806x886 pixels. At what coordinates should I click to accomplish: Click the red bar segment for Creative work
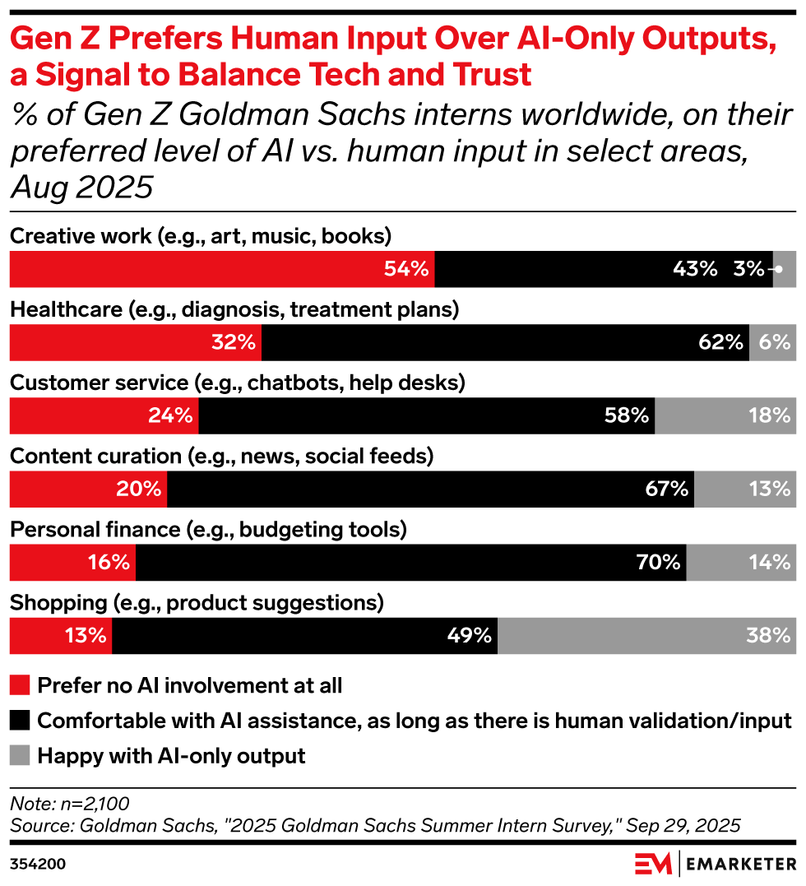221,269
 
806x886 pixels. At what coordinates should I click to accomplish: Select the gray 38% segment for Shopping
646,635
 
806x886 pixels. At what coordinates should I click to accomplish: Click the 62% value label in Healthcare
720,343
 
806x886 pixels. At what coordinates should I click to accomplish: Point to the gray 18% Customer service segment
725,416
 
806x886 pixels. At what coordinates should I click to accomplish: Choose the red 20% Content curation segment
88,489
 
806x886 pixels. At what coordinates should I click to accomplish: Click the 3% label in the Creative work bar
749,270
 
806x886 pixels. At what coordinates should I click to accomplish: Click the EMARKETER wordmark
739,864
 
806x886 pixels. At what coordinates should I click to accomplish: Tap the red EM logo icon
654,864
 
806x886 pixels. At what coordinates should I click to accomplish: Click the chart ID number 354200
38,864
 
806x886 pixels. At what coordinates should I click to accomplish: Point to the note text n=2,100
69,803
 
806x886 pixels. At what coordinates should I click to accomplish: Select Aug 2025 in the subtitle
82,188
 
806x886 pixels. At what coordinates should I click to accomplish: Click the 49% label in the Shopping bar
471,635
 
